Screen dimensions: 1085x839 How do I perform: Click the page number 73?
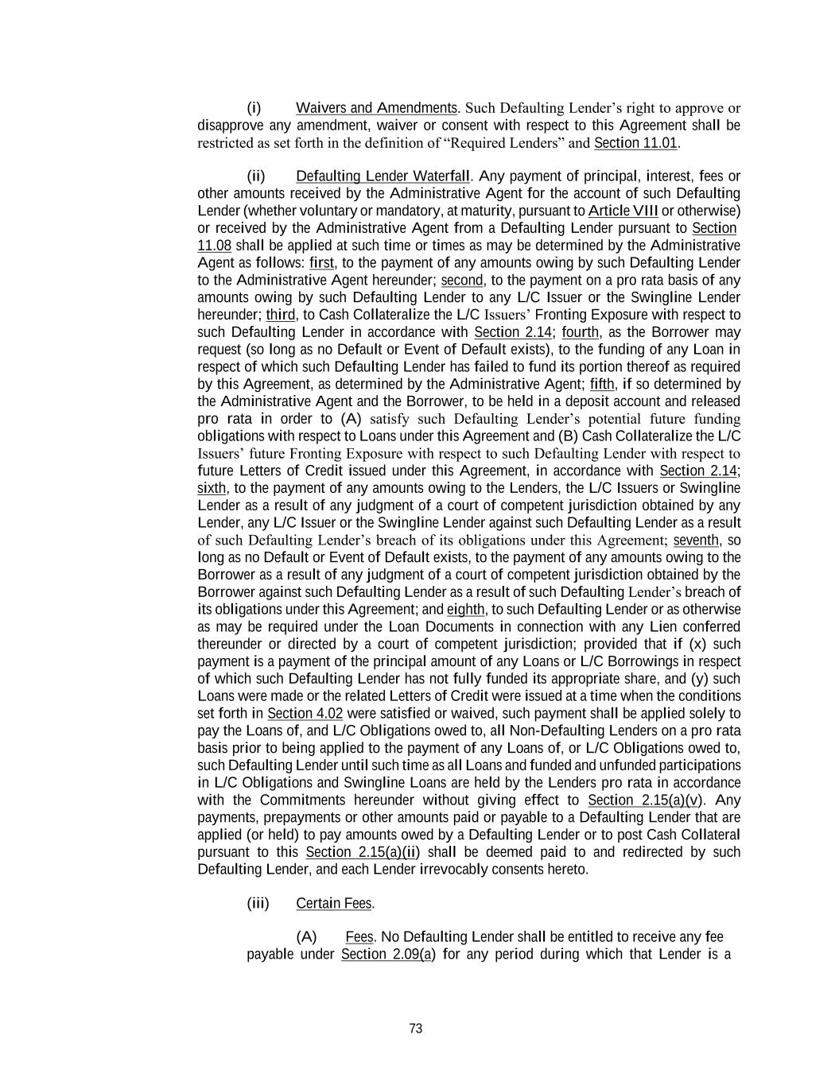(415, 1029)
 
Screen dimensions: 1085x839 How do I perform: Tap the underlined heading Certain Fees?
(334, 904)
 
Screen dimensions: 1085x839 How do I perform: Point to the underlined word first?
(322, 263)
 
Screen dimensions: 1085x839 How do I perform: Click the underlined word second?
(462, 281)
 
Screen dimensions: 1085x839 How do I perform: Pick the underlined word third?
(281, 315)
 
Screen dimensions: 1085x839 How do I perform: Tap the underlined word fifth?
(602, 385)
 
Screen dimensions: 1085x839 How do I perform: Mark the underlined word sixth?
(212, 488)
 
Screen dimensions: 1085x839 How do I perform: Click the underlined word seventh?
(696, 541)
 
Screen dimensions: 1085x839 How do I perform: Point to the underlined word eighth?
(465, 610)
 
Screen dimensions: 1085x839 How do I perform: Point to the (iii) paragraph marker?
(258, 904)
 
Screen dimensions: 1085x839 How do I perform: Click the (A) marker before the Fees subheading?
(306, 937)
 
